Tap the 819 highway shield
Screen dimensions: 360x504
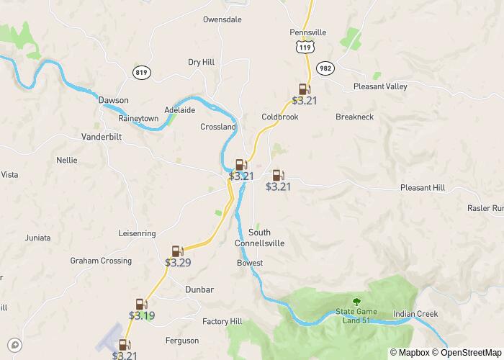coord(142,72)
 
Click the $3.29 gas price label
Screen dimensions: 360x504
coord(178,263)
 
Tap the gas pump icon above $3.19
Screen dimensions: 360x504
coord(141,305)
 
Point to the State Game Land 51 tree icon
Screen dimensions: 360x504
coord(355,302)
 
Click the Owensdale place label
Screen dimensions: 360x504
coord(222,19)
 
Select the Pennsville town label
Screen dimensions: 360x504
coord(308,32)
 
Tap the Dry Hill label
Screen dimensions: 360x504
coord(202,63)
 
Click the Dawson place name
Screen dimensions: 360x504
coord(114,100)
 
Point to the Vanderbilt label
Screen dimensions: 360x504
coord(102,136)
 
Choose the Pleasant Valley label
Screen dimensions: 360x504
coord(380,86)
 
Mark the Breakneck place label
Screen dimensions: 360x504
coord(355,117)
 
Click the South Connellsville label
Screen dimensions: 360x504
coord(259,238)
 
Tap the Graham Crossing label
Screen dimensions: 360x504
coord(101,261)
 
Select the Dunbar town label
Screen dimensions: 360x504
coord(199,289)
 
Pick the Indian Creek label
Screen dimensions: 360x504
coord(415,314)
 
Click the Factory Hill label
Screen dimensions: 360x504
coord(222,321)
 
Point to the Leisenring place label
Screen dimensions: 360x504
coord(137,233)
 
